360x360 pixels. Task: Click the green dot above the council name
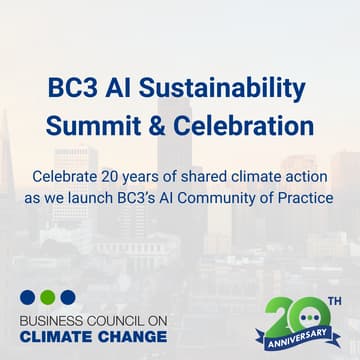[47, 297]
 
